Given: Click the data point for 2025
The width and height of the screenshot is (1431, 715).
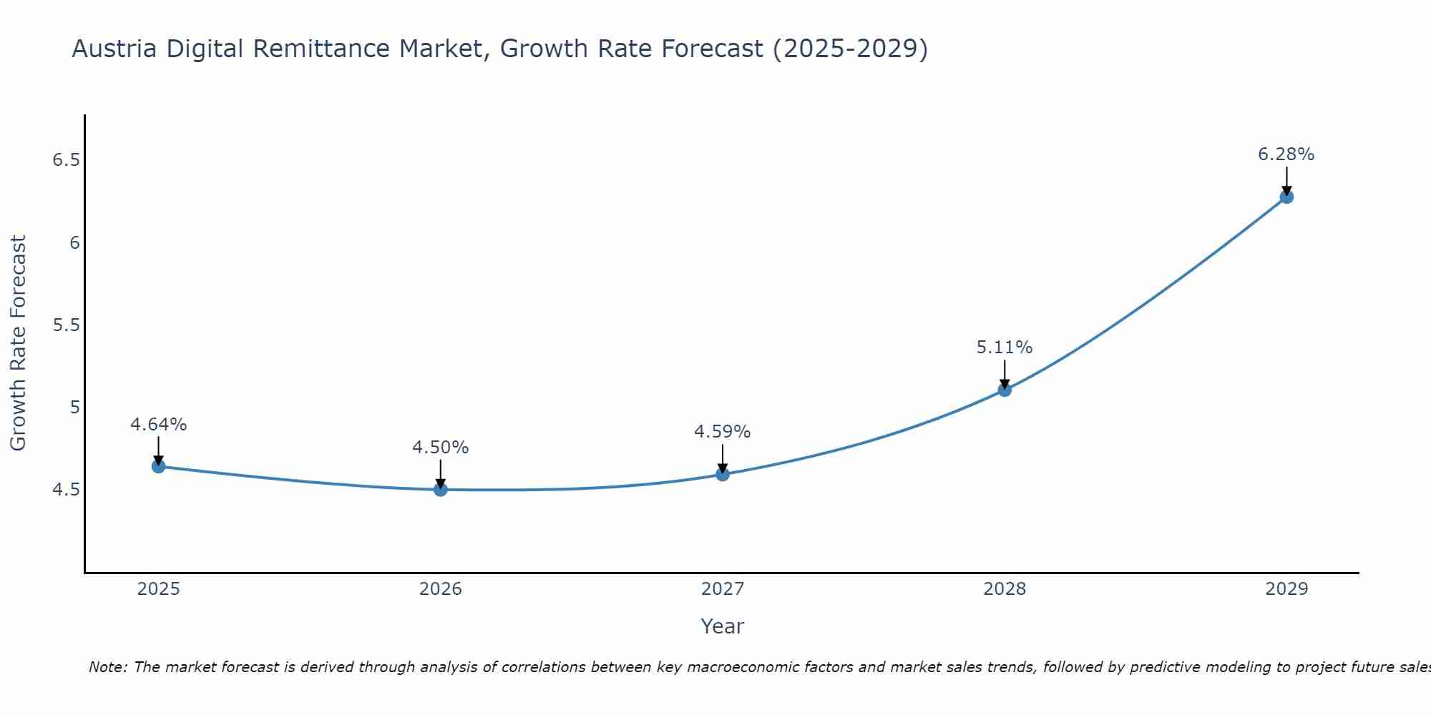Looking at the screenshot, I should click(x=158, y=466).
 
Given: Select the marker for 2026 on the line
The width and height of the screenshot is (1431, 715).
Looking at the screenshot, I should click(x=440, y=489).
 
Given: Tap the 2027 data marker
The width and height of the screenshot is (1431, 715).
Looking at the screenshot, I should click(x=723, y=474).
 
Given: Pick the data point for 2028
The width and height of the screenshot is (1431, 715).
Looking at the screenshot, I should click(x=1005, y=390).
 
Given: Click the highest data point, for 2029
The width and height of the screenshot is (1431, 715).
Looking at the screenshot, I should click(x=1286, y=197).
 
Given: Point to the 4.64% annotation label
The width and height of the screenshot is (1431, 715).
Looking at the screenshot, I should click(x=158, y=425).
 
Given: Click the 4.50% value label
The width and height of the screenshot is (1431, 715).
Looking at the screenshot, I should click(x=440, y=448).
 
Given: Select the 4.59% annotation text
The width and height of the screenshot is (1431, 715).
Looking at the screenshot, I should click(x=723, y=432).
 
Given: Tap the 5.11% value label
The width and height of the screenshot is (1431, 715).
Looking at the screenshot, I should click(x=1005, y=347).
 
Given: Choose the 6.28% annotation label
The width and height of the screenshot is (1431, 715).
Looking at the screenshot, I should click(x=1286, y=154).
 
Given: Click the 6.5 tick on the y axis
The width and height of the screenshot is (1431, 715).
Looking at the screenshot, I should click(x=66, y=160).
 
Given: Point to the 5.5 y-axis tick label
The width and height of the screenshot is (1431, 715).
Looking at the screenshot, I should click(x=66, y=325).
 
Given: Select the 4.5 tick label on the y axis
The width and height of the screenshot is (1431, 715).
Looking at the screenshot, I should click(x=66, y=490).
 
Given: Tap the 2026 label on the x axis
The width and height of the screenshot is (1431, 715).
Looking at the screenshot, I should click(x=440, y=589).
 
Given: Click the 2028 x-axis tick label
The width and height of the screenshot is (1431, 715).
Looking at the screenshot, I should click(x=1005, y=589).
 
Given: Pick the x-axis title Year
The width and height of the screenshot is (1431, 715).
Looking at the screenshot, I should click(x=723, y=626).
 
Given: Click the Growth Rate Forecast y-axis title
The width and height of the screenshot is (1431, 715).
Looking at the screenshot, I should click(x=18, y=343).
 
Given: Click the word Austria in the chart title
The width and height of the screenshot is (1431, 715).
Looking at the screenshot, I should click(x=114, y=49).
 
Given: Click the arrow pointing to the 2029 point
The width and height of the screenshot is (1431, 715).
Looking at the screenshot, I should click(x=1286, y=180).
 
